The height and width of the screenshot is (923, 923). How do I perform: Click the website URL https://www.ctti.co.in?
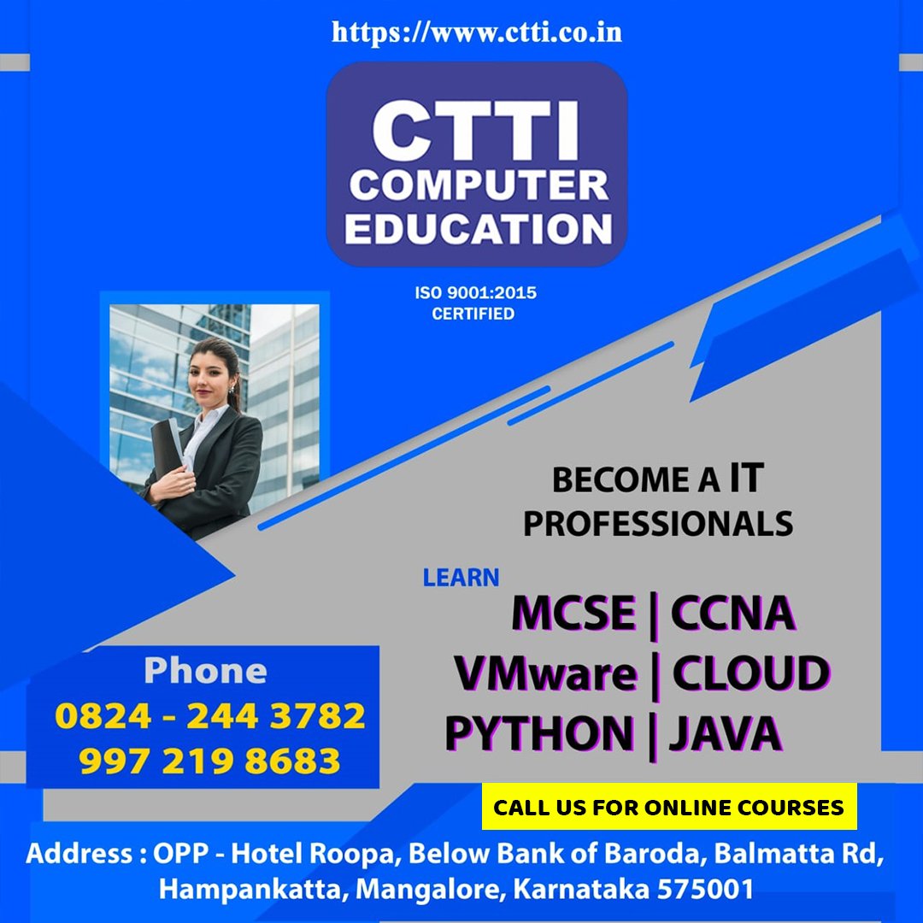pyautogui.click(x=476, y=33)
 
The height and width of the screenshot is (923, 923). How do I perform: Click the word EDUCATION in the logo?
pyautogui.click(x=479, y=228)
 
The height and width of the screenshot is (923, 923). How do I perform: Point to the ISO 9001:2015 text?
pyautogui.click(x=475, y=293)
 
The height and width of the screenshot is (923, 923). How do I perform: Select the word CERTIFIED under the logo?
pyautogui.click(x=473, y=314)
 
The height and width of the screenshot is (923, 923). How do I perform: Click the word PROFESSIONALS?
pyautogui.click(x=657, y=523)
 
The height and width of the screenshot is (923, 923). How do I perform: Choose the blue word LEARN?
pyautogui.click(x=461, y=578)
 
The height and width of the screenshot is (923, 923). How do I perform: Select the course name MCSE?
pyautogui.click(x=573, y=614)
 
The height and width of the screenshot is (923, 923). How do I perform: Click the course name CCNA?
pyautogui.click(x=733, y=614)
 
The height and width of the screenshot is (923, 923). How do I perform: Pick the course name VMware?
pyautogui.click(x=545, y=673)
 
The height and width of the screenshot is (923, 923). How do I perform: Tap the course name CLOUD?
pyautogui.click(x=750, y=673)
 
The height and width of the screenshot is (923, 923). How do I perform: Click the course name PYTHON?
pyautogui.click(x=538, y=733)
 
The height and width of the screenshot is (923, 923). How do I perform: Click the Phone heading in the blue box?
pyautogui.click(x=205, y=671)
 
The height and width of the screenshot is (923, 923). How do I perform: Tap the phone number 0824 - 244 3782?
pyautogui.click(x=209, y=716)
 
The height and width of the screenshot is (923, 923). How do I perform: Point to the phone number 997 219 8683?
pyautogui.click(x=209, y=761)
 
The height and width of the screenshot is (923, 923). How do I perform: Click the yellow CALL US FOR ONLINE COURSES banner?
pyautogui.click(x=668, y=807)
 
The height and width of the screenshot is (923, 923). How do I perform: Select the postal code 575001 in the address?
pyautogui.click(x=705, y=889)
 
